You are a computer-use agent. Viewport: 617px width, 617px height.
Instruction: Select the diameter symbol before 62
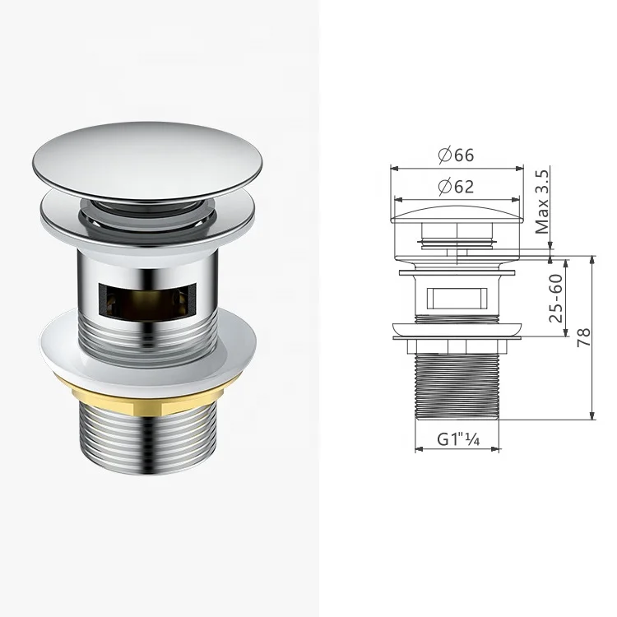point(443,187)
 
